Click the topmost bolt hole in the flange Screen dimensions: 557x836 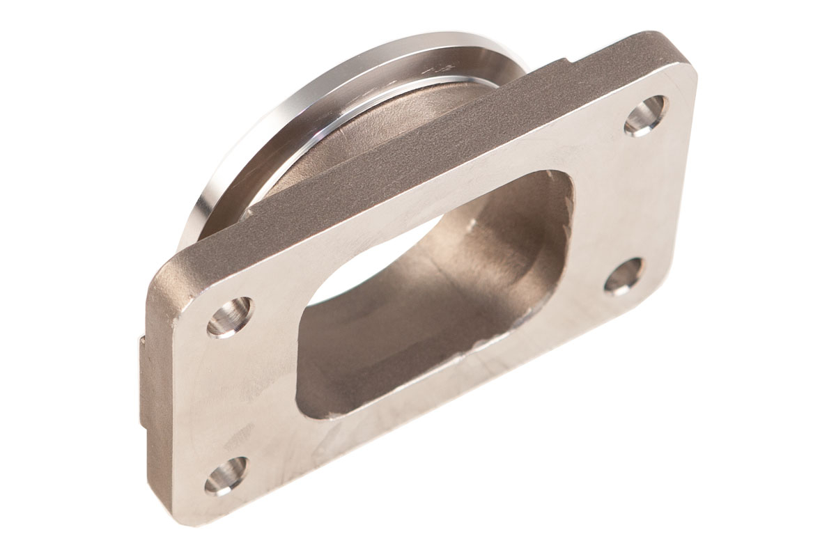click(646, 115)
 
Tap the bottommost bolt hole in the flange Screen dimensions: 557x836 click(226, 475)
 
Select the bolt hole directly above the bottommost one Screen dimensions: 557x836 click(230, 317)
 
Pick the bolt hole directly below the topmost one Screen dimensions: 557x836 click(623, 276)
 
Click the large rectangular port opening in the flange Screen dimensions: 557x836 click(432, 292)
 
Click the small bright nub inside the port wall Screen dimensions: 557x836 click(472, 224)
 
